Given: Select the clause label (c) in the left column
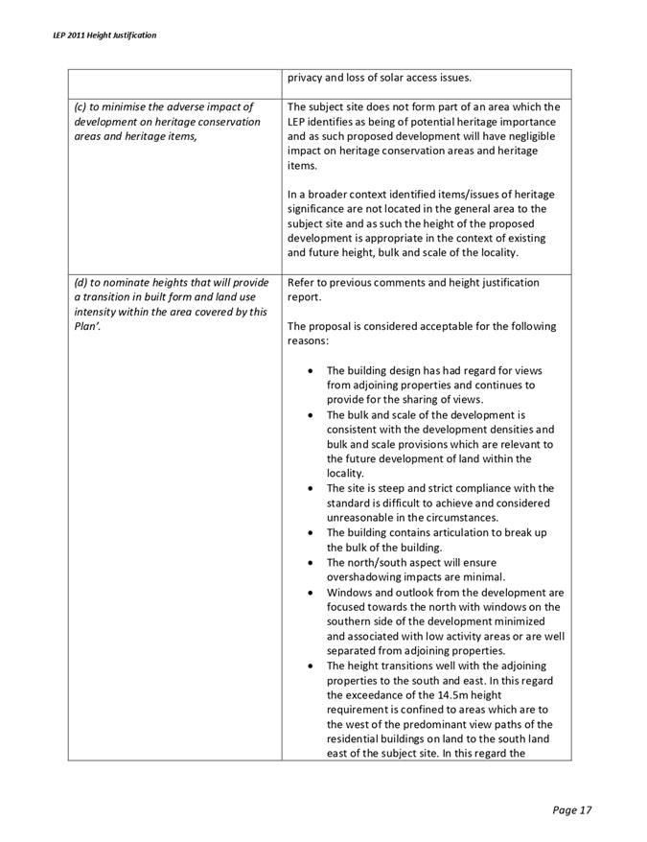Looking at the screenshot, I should click(81, 106).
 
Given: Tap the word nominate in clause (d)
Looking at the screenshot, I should click(128, 283).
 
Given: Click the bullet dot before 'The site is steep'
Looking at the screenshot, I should click(305, 489).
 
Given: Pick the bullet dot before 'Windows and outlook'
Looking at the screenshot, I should click(305, 593).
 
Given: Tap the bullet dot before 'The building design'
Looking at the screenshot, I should click(305, 371).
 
